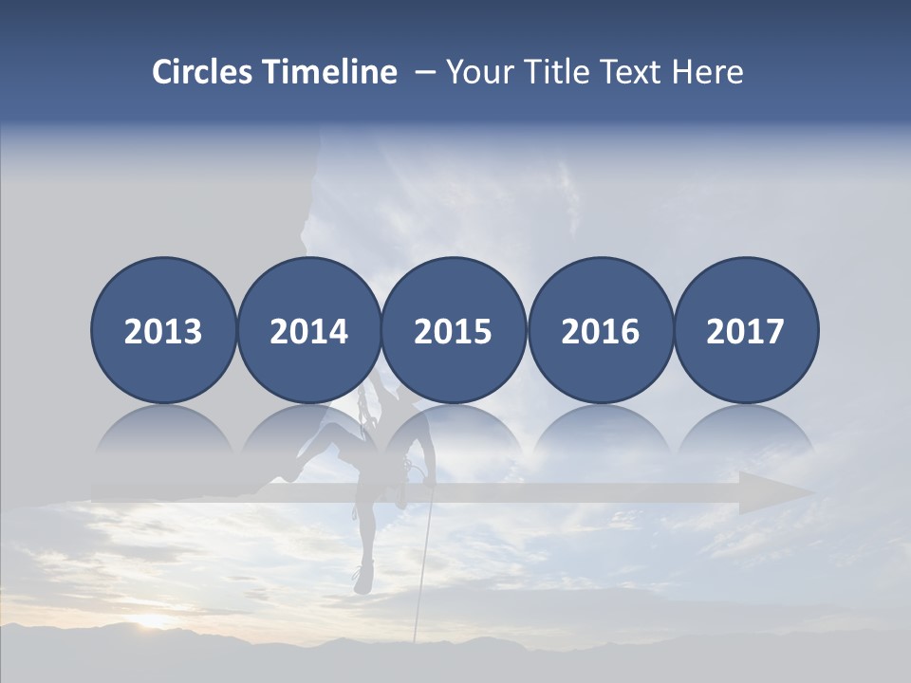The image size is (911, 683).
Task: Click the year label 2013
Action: point(163,332)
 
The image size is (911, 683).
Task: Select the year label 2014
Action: point(308,332)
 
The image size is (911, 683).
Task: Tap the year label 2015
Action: point(453,332)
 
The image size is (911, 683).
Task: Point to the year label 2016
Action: point(600,332)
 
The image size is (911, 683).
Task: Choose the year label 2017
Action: point(745,332)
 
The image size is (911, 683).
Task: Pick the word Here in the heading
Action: point(708,72)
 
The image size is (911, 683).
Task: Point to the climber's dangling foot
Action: point(362,579)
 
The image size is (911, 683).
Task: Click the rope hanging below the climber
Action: point(420,569)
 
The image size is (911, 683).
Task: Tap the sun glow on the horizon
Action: point(152,621)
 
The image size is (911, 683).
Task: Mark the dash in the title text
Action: point(424,72)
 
